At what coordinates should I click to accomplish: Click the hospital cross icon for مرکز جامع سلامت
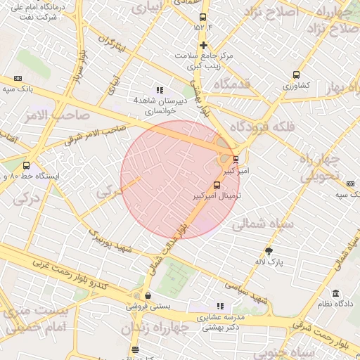(203, 46)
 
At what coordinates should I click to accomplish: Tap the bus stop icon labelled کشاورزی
(297, 74)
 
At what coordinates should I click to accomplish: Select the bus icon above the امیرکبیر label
(235, 160)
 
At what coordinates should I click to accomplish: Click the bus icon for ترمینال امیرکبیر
(215, 184)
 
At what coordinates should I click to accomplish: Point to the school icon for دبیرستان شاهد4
(160, 90)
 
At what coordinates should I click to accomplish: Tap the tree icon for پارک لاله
(269, 250)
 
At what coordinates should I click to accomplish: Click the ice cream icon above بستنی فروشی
(147, 296)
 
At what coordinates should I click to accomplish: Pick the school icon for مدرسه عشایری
(220, 306)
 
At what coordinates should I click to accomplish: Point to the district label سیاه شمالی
(257, 224)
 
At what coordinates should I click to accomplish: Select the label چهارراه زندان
(155, 328)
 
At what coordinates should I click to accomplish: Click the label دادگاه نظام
(334, 304)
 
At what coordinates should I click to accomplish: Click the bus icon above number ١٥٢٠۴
(203, 17)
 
